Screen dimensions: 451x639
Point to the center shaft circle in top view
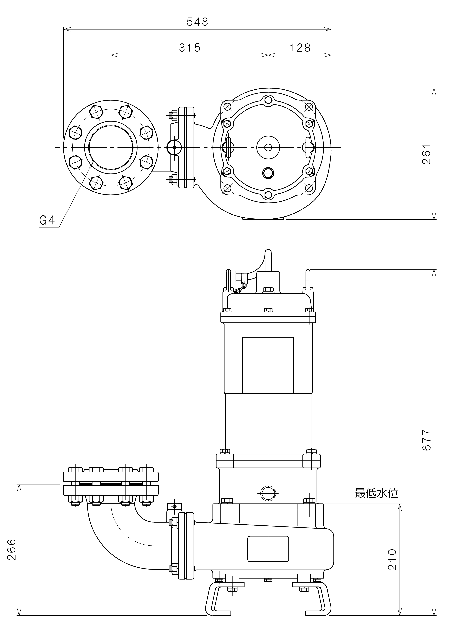[x=268, y=147]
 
